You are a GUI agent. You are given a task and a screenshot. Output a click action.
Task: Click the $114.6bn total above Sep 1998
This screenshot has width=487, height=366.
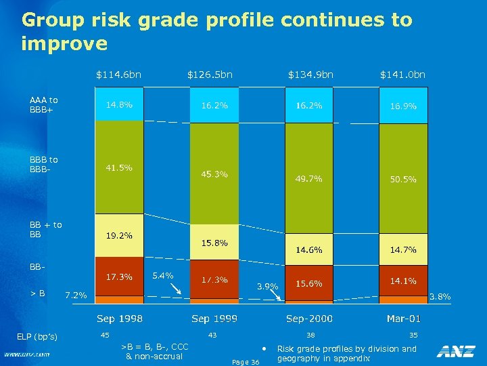(x=118, y=74)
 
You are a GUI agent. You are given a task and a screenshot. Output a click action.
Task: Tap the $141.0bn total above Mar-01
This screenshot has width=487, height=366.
(x=402, y=74)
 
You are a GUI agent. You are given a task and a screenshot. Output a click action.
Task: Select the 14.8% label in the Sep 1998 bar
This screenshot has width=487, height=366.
(x=118, y=105)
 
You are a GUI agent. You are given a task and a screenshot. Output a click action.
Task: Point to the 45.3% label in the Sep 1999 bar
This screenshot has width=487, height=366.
(x=214, y=174)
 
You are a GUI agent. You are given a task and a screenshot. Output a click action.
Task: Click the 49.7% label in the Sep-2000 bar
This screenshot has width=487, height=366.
(x=308, y=179)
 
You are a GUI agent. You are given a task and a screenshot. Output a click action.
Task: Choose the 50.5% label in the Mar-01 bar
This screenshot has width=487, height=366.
(x=403, y=180)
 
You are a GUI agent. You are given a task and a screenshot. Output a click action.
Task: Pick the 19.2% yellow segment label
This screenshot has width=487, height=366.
(x=118, y=236)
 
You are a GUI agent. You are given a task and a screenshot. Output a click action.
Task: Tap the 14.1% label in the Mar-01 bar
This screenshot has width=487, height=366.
(x=403, y=281)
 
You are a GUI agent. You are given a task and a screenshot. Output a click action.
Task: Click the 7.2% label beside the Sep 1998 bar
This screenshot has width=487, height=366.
(x=75, y=295)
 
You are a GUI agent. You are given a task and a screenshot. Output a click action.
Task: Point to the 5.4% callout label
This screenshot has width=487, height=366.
(x=163, y=275)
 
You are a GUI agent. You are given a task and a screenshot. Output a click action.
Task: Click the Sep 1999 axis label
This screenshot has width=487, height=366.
(x=214, y=319)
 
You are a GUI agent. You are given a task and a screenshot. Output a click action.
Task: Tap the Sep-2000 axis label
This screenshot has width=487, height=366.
(x=309, y=319)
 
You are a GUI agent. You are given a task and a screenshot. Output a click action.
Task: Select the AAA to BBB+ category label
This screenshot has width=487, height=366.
(x=44, y=105)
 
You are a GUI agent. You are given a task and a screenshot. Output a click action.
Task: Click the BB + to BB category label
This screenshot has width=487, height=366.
(x=45, y=230)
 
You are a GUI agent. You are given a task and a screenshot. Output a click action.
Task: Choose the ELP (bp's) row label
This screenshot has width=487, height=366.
(x=37, y=337)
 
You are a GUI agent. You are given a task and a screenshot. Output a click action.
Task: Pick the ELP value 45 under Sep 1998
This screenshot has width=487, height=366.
(x=105, y=335)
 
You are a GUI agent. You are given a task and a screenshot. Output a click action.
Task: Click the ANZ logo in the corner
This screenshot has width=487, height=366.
(x=455, y=351)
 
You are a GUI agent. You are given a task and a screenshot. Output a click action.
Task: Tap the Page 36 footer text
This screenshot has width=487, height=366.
(x=245, y=362)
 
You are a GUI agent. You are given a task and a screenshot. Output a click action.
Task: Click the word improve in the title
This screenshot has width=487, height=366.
(x=64, y=44)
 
